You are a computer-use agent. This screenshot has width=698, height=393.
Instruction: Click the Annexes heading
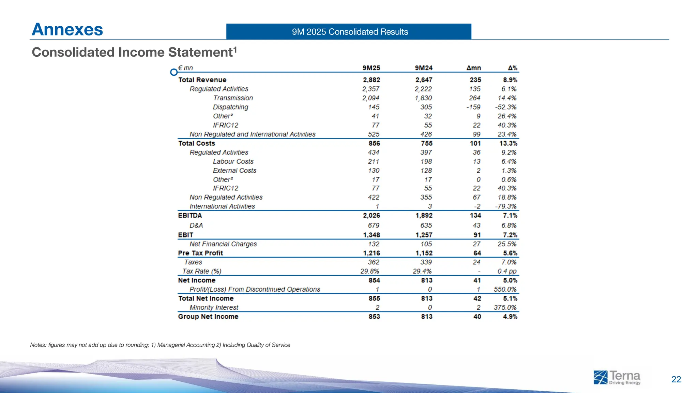(67, 29)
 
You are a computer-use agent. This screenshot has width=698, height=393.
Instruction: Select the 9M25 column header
(371, 68)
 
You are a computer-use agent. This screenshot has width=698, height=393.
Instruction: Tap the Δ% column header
(512, 68)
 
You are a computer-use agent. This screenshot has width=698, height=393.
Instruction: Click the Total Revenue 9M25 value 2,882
(371, 80)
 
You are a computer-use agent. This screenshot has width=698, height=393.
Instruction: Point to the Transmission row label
(233, 98)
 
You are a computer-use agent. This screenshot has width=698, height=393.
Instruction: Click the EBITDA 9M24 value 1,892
(424, 216)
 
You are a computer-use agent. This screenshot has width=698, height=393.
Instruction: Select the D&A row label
(196, 225)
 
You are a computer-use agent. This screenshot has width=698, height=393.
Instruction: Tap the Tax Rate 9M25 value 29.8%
(369, 271)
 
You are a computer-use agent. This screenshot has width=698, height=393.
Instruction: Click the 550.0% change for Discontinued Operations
(505, 289)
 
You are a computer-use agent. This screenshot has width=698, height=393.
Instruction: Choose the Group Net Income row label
(208, 317)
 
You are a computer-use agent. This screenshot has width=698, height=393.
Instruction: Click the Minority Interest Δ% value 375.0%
(505, 307)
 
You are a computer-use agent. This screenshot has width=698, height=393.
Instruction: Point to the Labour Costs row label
(233, 161)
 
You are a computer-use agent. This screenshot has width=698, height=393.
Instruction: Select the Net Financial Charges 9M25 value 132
(374, 244)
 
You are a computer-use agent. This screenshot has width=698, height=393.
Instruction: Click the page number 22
(676, 379)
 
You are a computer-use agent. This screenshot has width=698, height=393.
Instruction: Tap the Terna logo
(617, 378)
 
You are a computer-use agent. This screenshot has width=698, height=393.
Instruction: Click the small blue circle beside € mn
(174, 72)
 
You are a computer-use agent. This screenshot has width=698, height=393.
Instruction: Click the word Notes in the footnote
(38, 345)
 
